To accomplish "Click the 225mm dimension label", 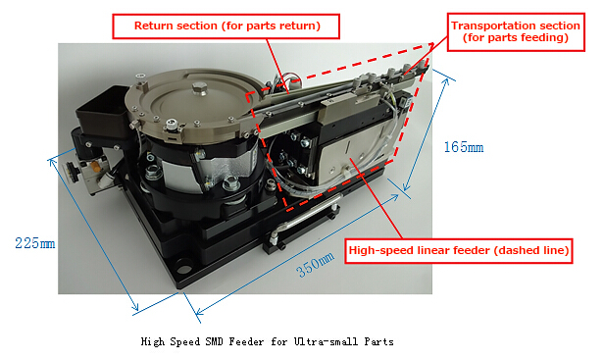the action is click(35, 243).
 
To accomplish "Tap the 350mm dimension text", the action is click(315, 264).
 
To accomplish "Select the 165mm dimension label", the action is click(464, 147).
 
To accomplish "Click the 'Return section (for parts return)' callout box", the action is click(226, 26).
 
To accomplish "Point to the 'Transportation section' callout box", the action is click(516, 32).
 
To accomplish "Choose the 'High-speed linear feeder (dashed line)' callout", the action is click(459, 251).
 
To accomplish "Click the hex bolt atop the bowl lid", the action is click(200, 88).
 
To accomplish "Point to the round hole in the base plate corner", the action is click(184, 267).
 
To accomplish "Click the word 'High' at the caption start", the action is click(153, 342).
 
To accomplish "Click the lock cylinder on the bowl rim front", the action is click(171, 126).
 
